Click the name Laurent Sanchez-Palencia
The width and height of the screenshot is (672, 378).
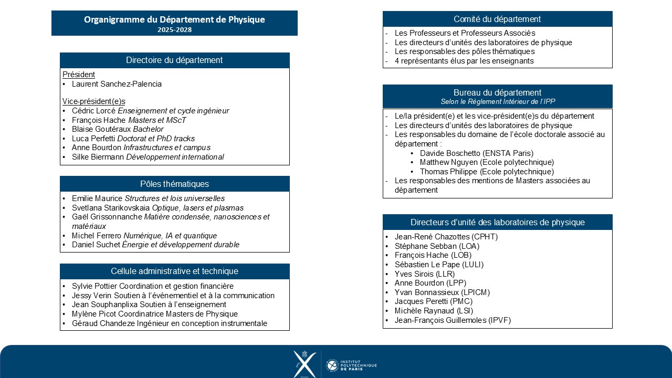pyautogui.click(x=117, y=84)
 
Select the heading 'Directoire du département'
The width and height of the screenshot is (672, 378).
pyautogui.click(x=174, y=60)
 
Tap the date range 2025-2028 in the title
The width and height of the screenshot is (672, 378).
pyautogui.click(x=174, y=30)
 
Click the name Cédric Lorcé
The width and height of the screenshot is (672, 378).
pyautogui.click(x=93, y=111)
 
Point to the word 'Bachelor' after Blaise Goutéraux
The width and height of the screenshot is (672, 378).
pyautogui.click(x=148, y=129)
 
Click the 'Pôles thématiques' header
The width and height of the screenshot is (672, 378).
pyautogui.click(x=174, y=184)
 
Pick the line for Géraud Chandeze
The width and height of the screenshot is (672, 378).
pyautogui.click(x=169, y=323)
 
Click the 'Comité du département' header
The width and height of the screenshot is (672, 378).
pyautogui.click(x=497, y=19)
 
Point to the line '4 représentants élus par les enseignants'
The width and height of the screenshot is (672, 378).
pyautogui.click(x=464, y=61)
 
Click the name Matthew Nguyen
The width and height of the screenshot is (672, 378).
pyautogui.click(x=448, y=162)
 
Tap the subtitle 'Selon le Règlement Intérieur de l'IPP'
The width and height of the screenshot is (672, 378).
pyautogui.click(x=497, y=101)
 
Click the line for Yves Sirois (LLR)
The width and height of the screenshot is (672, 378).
pyautogui.click(x=424, y=274)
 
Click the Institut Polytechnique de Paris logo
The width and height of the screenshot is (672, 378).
pyautogui.click(x=351, y=365)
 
